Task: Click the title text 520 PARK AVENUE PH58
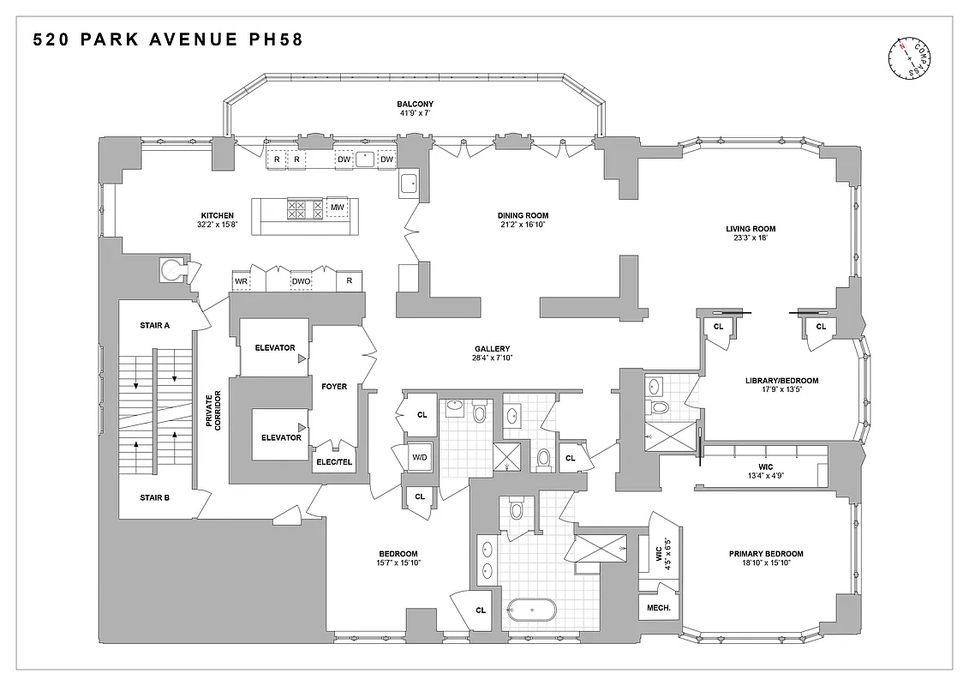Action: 168,39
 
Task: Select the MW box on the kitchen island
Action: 338,208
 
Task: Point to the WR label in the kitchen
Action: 241,280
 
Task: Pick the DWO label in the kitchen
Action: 301,280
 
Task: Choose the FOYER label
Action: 334,386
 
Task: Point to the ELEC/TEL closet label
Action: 334,462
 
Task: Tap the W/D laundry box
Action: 420,458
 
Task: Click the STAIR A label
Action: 154,325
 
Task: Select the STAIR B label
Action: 154,496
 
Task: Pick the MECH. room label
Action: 658,608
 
